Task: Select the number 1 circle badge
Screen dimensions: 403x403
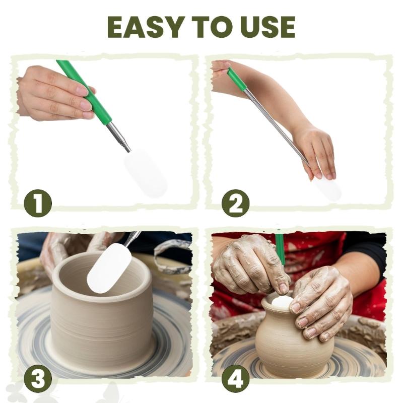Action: (x=38, y=204)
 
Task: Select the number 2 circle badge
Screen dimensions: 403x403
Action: (x=235, y=204)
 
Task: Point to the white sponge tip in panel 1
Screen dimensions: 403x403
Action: (x=146, y=174)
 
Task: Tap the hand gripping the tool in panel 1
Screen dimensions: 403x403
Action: (x=55, y=93)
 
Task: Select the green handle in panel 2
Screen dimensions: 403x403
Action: (x=236, y=80)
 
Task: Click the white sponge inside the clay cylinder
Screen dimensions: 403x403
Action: (x=109, y=267)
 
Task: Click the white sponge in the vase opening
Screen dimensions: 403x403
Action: (x=282, y=302)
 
